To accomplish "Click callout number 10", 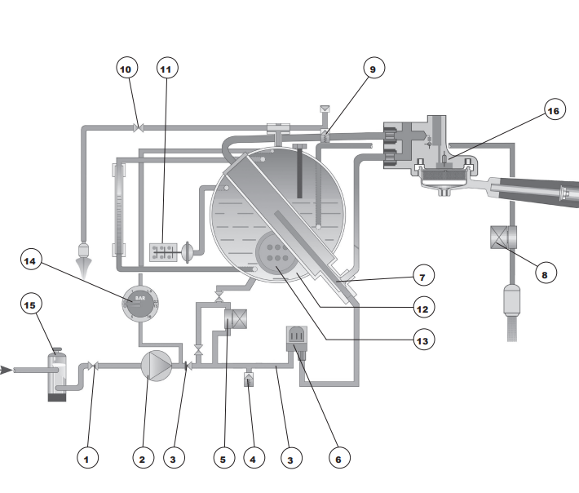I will (126, 69).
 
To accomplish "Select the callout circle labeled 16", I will (554, 111).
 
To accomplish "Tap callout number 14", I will (31, 260).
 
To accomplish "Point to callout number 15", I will (31, 305).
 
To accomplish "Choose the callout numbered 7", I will (423, 274).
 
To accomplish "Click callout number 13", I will (423, 338).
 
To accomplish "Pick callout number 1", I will (90, 460).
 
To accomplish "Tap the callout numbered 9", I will (373, 69).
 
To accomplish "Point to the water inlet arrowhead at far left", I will (7, 370).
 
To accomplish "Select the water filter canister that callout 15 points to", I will (57, 375).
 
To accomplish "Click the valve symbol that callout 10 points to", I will (139, 127).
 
